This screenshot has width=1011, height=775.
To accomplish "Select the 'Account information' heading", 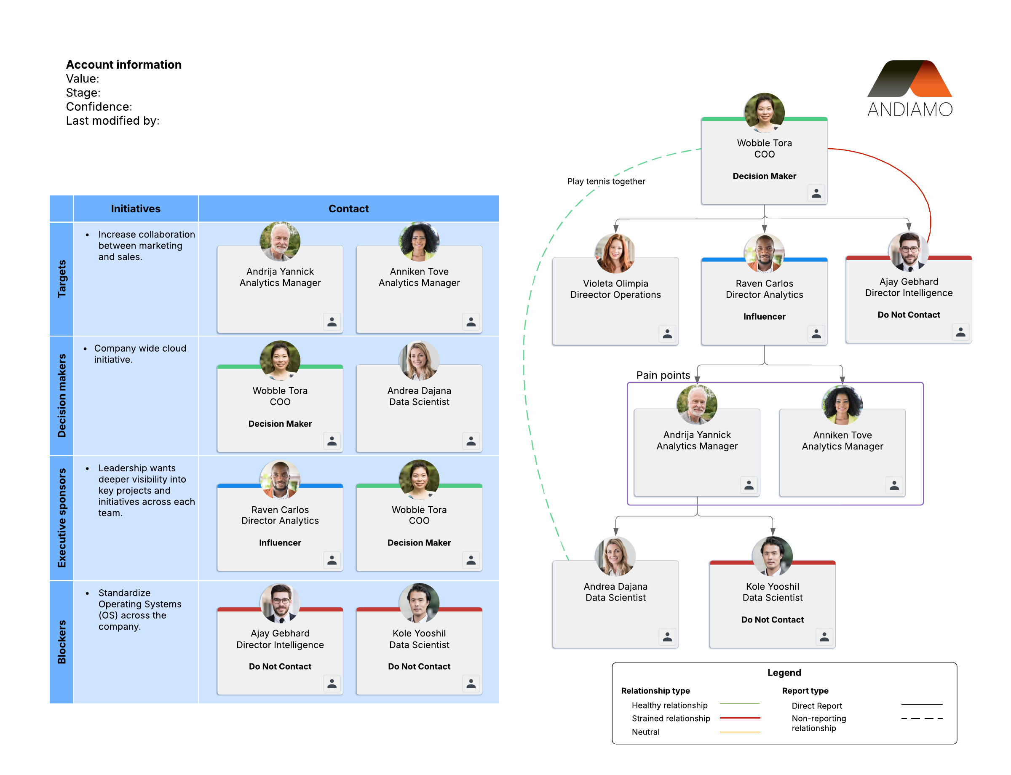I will click(x=124, y=64).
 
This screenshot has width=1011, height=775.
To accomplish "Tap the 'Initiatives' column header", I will click(x=136, y=208).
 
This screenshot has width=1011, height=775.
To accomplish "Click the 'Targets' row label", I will click(x=62, y=279).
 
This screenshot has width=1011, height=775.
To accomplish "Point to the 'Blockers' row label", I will click(x=62, y=641).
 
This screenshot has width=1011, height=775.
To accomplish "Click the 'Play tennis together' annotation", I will click(x=606, y=181).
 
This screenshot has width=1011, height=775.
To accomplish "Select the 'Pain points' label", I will click(x=663, y=375).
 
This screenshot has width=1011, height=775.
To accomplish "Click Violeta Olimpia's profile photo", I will click(x=615, y=253).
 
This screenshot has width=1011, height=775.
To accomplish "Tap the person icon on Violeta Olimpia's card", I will click(x=667, y=334).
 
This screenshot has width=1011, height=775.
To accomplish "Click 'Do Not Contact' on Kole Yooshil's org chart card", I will click(x=772, y=620).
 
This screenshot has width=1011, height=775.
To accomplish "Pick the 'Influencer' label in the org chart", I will click(x=764, y=316).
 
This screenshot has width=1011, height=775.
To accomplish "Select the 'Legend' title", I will click(x=784, y=672).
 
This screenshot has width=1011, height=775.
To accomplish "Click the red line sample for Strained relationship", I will click(x=739, y=718).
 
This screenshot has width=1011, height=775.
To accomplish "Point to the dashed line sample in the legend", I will click(x=921, y=718).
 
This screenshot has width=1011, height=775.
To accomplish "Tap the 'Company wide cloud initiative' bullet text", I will click(x=140, y=354).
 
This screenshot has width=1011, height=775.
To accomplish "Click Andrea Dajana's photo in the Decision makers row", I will click(x=419, y=360).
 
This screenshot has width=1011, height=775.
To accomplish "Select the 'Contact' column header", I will click(x=348, y=208).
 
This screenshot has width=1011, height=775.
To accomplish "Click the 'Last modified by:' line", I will click(x=112, y=121).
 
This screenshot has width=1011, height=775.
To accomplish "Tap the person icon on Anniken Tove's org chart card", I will click(x=894, y=485).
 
